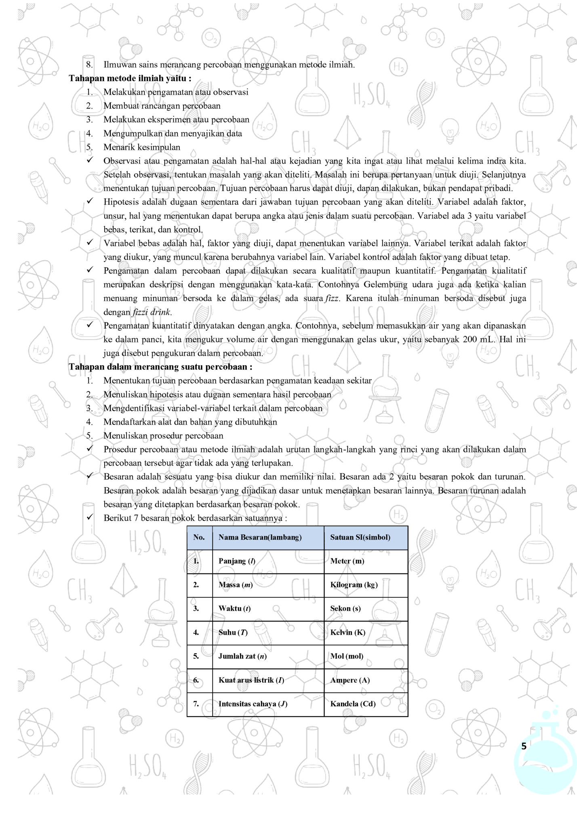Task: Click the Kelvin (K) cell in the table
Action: tap(347, 632)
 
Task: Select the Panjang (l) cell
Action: tap(237, 561)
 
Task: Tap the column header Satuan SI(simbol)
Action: tap(360, 537)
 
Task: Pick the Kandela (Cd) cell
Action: tap(353, 704)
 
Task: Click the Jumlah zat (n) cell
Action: tap(242, 656)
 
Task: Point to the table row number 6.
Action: tap(196, 680)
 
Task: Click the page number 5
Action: tap(524, 746)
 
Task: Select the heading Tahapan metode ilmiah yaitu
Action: tap(130, 78)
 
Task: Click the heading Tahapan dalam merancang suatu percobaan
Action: tap(160, 367)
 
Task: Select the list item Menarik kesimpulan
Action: tap(142, 147)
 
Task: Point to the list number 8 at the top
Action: tap(89, 65)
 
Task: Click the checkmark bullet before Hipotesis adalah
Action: tap(90, 201)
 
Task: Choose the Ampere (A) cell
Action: tap(350, 680)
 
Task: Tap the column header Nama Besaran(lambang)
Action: tap(260, 537)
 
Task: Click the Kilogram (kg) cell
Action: tap(354, 585)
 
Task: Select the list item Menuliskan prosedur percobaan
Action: tap(163, 435)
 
